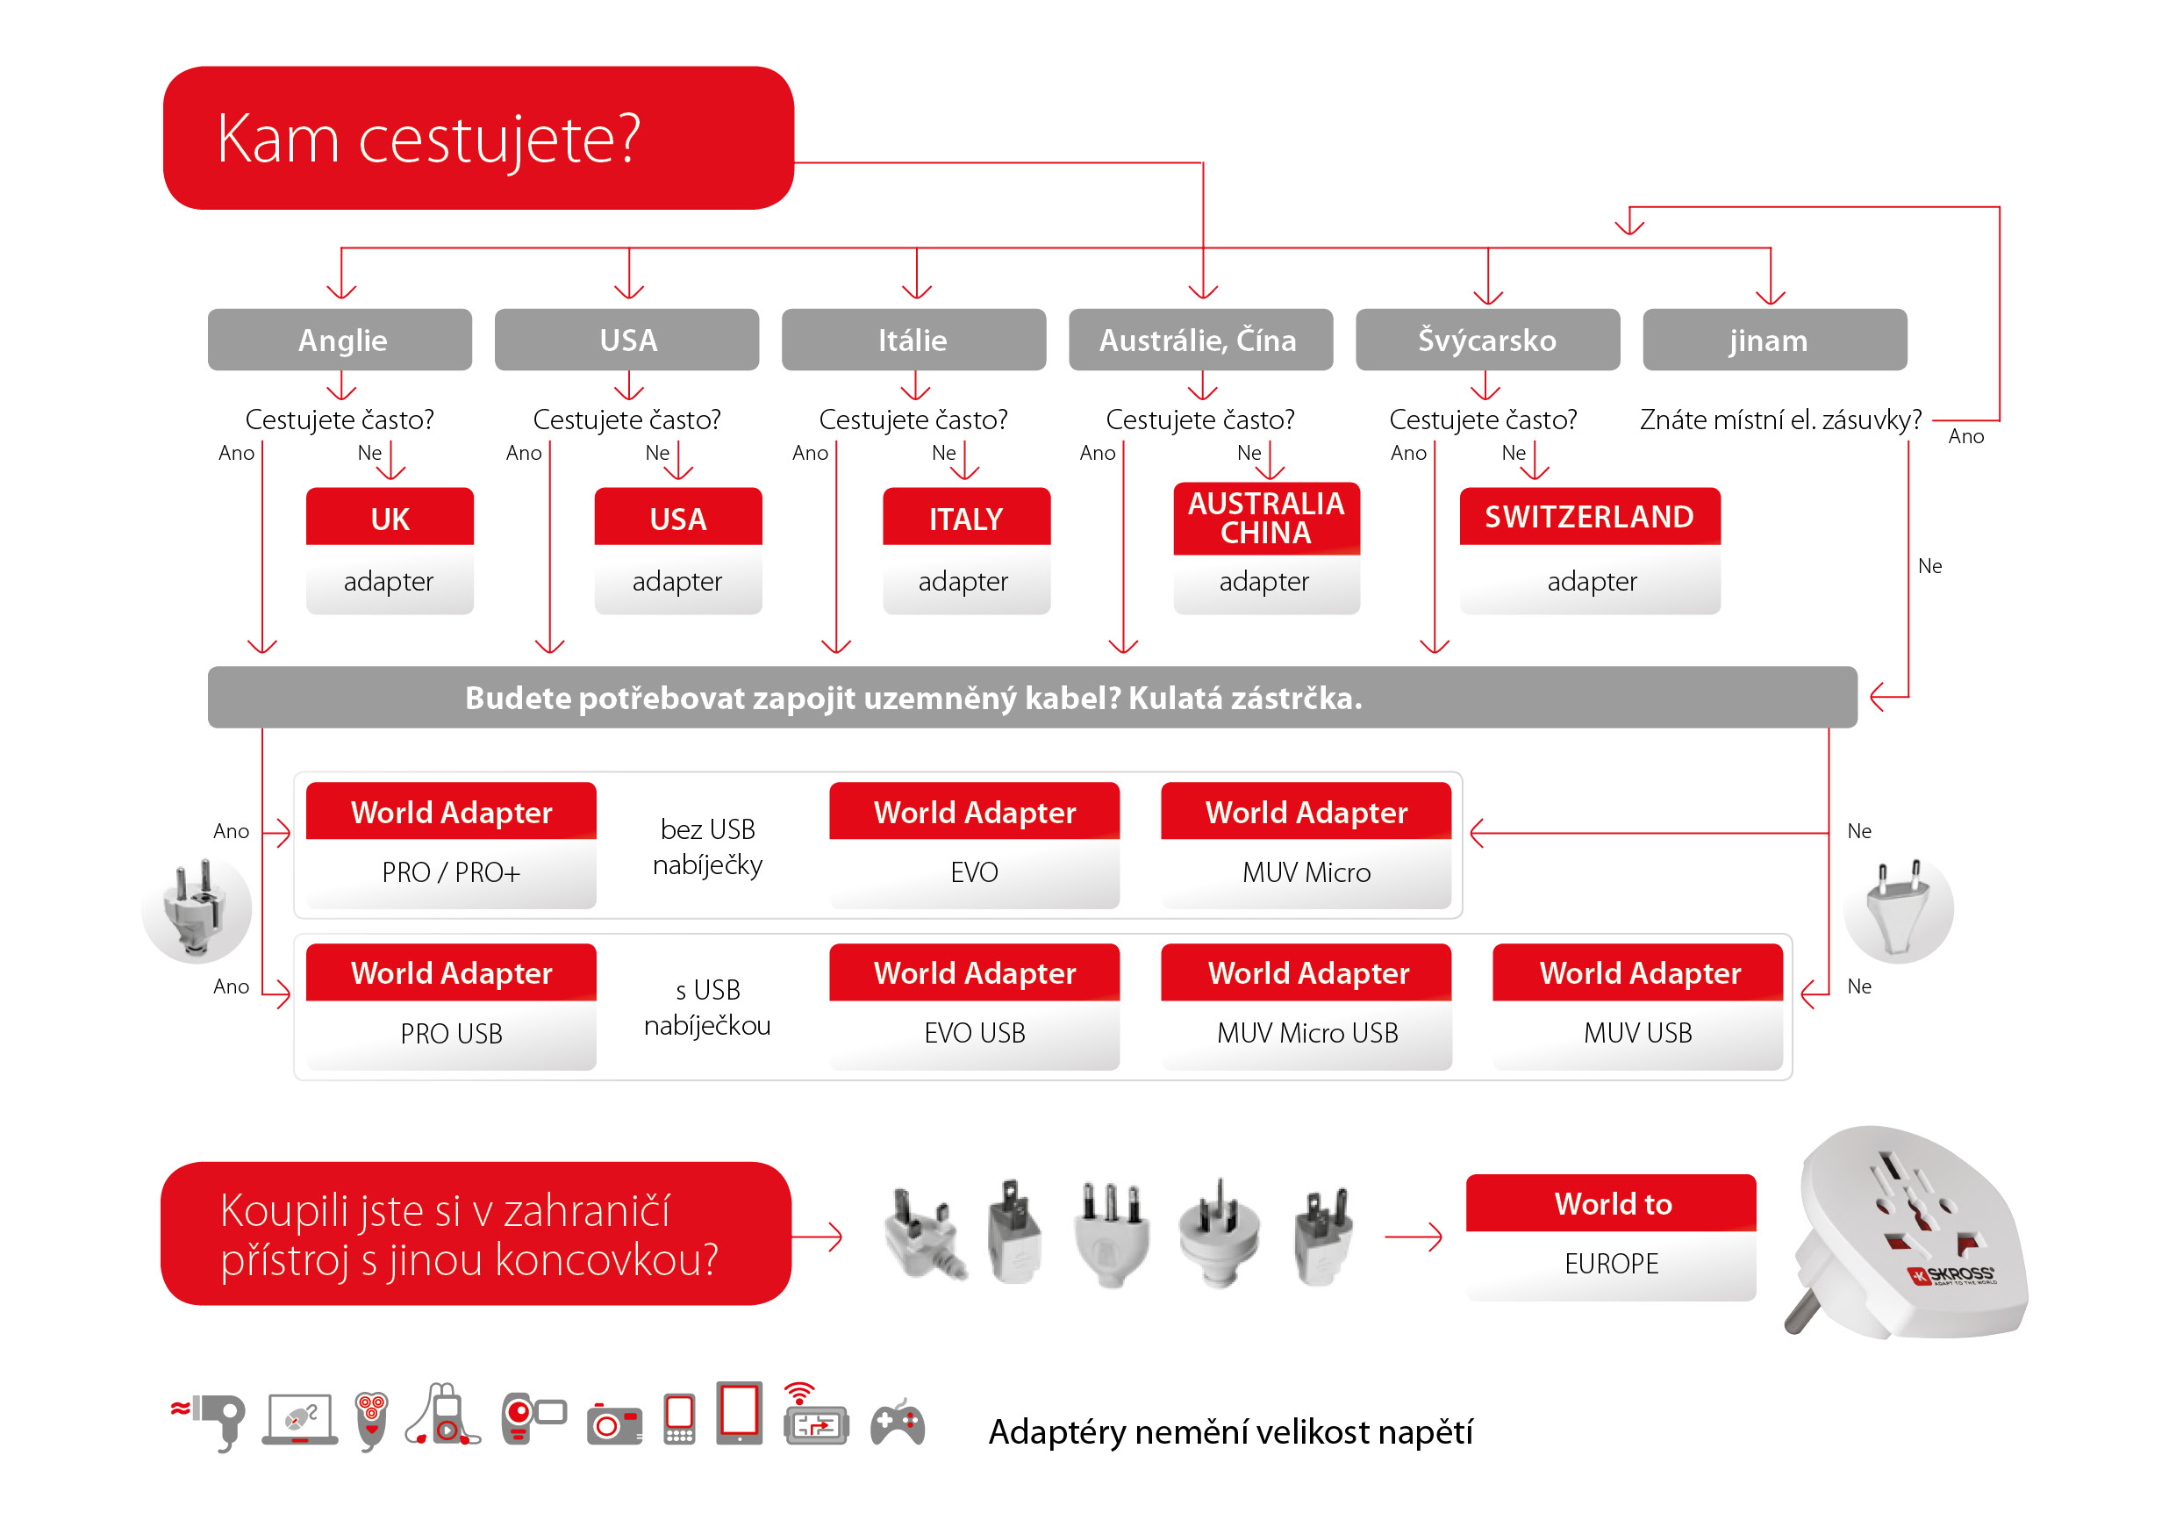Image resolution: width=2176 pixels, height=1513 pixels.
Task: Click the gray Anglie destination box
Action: (340, 340)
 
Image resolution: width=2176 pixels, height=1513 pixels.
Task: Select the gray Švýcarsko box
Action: (1487, 340)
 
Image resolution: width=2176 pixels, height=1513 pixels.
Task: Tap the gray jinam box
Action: (1774, 340)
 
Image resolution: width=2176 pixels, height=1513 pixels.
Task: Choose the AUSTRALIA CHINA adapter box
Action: (1266, 548)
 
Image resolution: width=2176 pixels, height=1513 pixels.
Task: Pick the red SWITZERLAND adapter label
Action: (1589, 517)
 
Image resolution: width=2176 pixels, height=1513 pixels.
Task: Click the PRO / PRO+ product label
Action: (451, 872)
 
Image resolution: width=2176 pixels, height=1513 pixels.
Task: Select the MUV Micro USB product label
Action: (1307, 1032)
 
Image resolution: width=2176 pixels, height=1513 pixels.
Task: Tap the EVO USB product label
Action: (974, 1032)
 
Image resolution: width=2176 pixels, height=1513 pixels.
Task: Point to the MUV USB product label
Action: (1637, 1032)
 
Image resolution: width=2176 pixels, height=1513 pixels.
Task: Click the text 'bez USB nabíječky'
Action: (708, 847)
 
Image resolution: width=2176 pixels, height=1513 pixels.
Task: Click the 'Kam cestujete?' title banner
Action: (478, 138)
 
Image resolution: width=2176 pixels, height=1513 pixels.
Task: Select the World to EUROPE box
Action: (1611, 1237)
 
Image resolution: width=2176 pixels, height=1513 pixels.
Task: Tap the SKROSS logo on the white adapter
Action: (1952, 1275)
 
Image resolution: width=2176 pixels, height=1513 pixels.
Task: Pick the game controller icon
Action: (898, 1422)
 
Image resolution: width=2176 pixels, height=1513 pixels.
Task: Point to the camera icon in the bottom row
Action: (615, 1423)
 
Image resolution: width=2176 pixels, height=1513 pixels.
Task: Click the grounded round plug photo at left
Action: (197, 910)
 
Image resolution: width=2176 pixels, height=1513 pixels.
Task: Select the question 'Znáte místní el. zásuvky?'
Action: (1781, 419)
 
